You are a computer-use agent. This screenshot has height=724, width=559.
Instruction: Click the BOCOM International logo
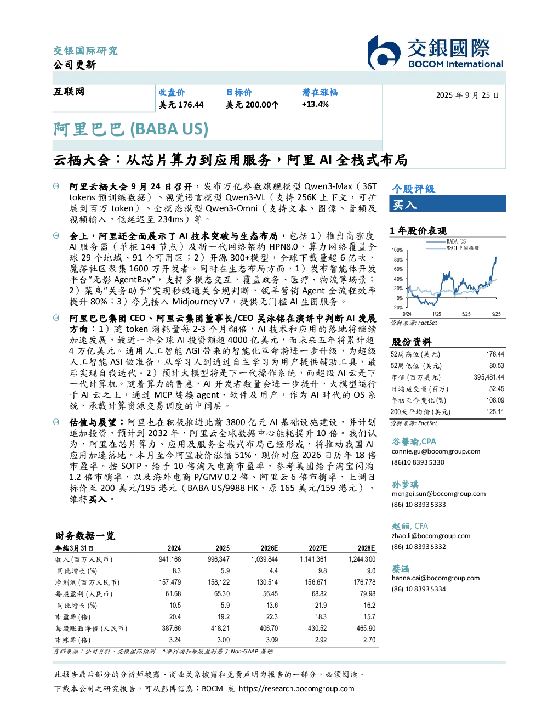coord(436,52)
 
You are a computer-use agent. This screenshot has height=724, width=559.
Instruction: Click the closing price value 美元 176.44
coord(181,105)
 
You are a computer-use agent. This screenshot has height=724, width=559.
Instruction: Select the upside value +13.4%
coord(315,105)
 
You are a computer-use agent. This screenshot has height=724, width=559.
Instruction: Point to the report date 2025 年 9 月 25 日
coord(467,95)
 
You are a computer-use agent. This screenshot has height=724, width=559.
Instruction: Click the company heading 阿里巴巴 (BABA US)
coord(131,129)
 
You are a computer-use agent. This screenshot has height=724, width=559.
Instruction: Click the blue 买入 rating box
coord(447,203)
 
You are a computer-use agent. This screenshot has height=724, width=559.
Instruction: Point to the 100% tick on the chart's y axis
coord(397,250)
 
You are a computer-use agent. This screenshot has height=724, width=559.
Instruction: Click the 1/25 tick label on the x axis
coord(436,314)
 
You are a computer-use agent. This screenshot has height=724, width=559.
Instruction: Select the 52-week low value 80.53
coord(497,366)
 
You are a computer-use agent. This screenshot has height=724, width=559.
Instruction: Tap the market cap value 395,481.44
coord(489,377)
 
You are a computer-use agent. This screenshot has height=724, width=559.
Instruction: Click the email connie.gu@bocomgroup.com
coord(436,451)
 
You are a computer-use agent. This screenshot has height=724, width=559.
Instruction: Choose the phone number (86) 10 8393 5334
coord(419,589)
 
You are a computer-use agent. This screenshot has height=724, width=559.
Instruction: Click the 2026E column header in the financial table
coord(269,548)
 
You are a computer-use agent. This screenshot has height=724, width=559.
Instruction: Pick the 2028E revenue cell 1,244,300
coord(362,559)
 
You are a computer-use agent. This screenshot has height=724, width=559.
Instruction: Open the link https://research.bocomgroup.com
coord(296,689)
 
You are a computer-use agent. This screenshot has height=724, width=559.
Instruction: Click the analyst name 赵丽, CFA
coord(410,526)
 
